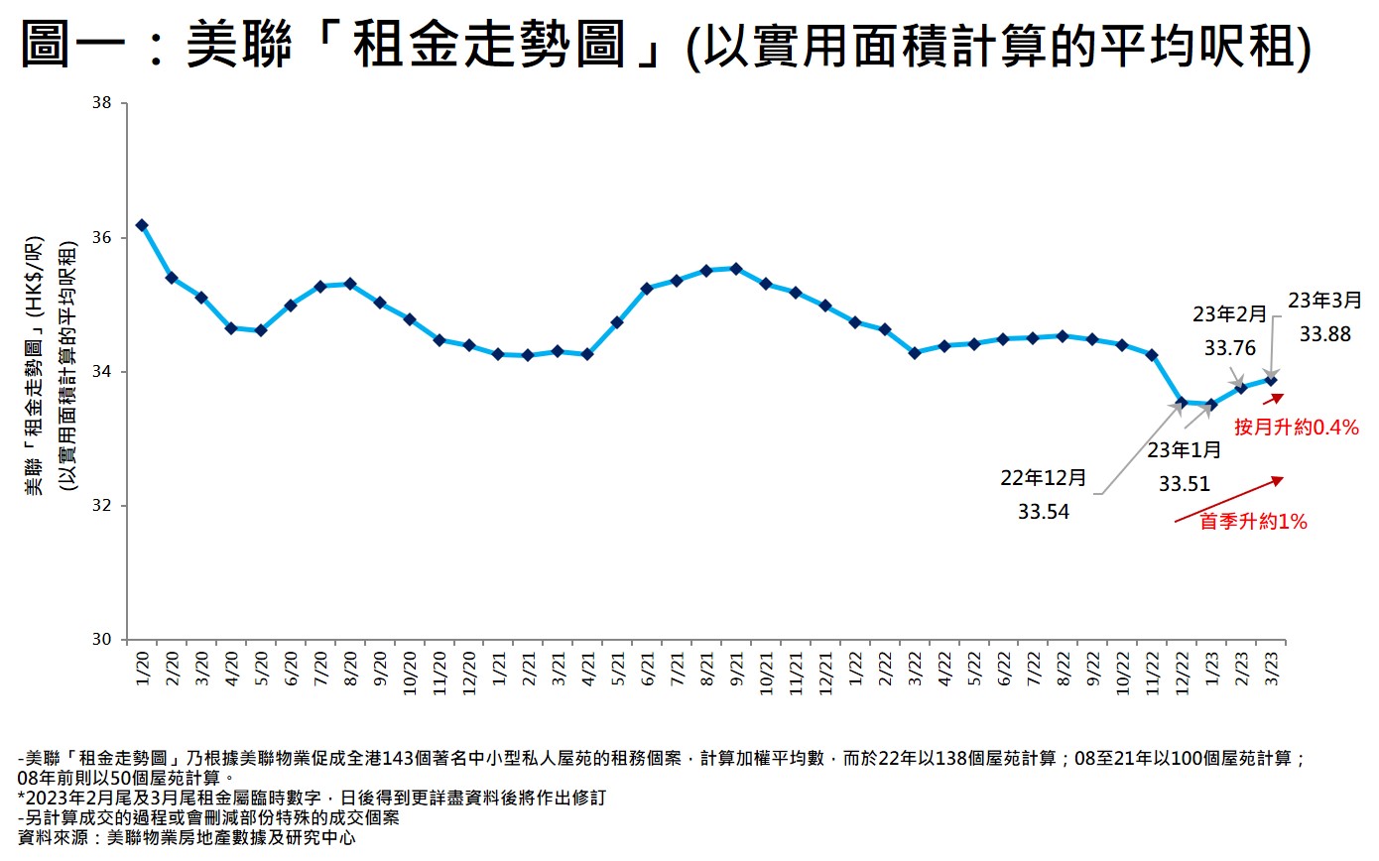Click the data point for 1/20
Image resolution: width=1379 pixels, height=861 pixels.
coord(142,225)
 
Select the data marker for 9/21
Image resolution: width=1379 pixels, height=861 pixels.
coord(735,268)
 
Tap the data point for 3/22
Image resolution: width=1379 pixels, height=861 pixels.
coord(914,352)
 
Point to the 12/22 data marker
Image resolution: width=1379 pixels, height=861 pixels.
coord(1181,402)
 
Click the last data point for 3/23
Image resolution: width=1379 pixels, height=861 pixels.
coord(1270,380)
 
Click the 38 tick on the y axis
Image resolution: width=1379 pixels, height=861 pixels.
coord(102,103)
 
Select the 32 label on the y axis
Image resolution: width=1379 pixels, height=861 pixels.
coord(102,506)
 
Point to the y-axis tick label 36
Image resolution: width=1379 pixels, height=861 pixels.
coord(102,238)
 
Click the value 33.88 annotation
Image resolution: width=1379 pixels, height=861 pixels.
coord(1324,335)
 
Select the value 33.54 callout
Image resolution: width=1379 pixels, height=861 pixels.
coord(1044,513)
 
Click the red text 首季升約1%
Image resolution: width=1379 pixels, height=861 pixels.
coord(1253,522)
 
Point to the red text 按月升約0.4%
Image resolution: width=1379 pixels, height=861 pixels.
coord(1296,428)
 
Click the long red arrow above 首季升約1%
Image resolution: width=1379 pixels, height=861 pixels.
coord(1228,499)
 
